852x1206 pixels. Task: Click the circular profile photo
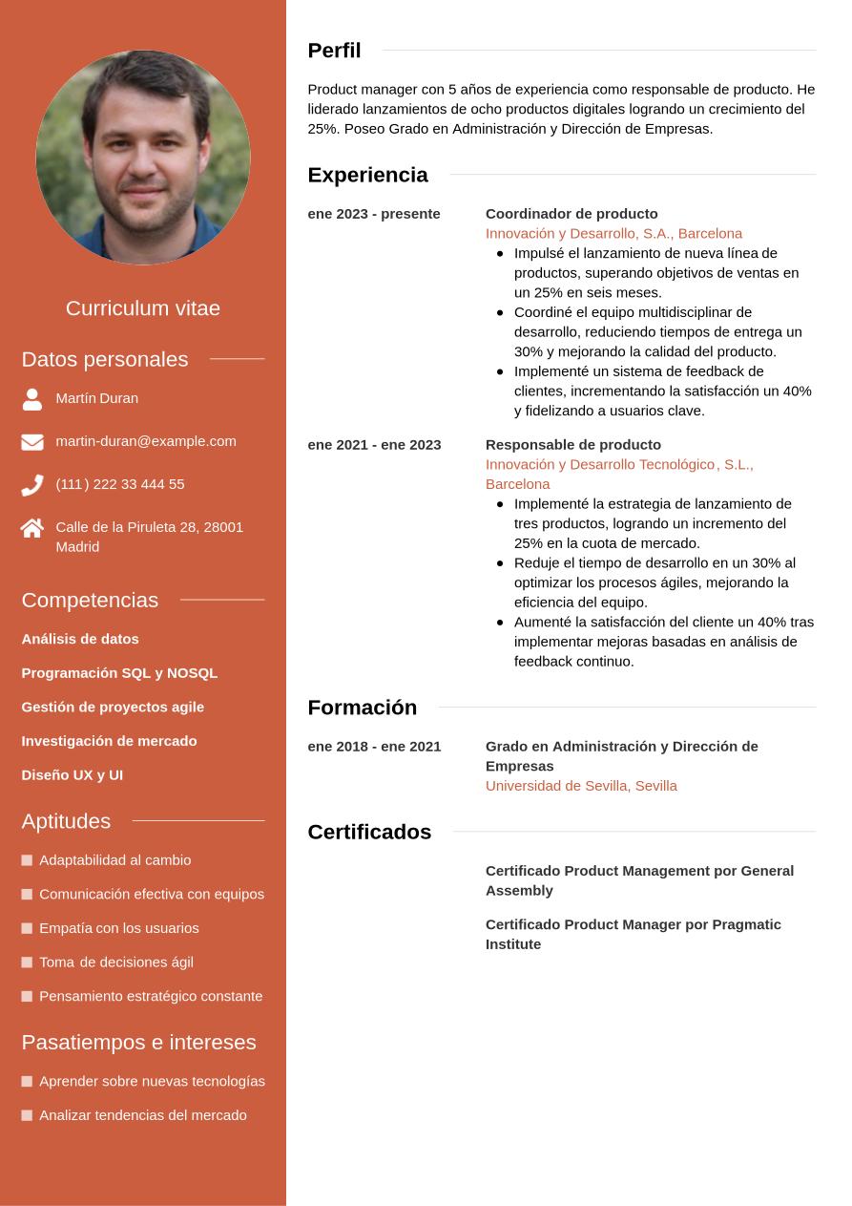(143, 158)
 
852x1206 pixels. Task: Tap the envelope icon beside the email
(32, 442)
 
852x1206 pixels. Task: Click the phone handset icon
(32, 485)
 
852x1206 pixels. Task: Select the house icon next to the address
(32, 528)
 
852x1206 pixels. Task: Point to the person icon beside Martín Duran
(32, 399)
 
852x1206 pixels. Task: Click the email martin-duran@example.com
(146, 441)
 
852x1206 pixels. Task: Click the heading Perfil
(334, 51)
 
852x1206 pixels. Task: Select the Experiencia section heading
(367, 175)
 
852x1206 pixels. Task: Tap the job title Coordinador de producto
(571, 214)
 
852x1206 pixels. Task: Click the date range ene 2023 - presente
(374, 214)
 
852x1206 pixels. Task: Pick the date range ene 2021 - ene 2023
(374, 445)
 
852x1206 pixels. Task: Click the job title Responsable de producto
(573, 445)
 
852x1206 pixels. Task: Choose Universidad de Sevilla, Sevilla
(581, 786)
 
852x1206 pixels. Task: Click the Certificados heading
(369, 832)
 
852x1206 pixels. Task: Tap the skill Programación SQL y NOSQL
(119, 673)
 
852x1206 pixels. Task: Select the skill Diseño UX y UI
(73, 775)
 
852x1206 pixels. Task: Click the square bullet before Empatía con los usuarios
(27, 928)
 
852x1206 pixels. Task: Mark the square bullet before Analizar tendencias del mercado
(27, 1115)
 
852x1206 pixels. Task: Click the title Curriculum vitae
(143, 308)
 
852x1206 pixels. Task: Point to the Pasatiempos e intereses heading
(138, 1042)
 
